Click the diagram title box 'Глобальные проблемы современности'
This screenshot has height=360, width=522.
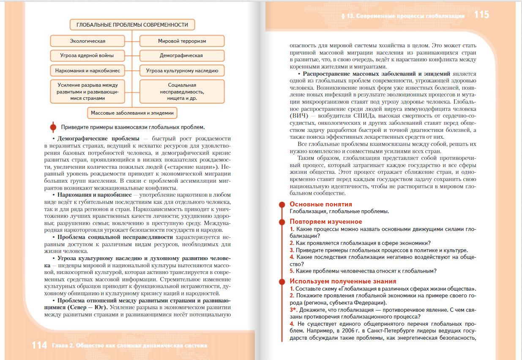[132, 25]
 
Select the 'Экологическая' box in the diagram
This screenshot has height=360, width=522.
[87, 41]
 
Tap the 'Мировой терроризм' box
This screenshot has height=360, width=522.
[182, 41]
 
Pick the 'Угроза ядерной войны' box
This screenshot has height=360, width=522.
[87, 55]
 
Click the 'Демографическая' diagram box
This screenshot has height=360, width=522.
[182, 55]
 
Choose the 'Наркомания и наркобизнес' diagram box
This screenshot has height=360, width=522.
[87, 71]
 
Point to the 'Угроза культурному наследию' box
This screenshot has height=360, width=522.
[182, 71]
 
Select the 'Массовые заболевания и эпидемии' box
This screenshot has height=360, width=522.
[132, 113]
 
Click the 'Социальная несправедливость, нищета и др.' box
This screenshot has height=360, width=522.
[182, 91]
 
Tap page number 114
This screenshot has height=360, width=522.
[39, 346]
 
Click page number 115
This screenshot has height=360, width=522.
[481, 15]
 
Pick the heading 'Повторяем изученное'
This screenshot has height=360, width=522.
[325, 222]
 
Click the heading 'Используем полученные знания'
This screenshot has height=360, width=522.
[342, 281]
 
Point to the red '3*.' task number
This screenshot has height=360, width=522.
[294, 310]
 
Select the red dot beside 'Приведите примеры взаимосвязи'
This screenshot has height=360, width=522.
[53, 127]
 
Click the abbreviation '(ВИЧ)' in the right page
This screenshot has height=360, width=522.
[298, 115]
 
